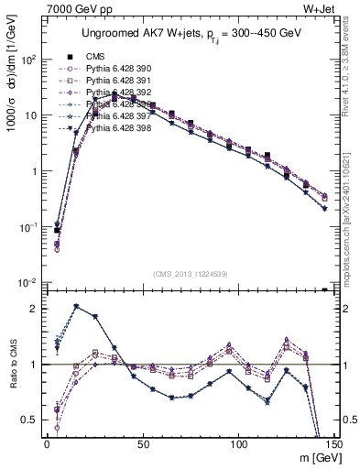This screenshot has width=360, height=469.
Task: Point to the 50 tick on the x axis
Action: point(143,444)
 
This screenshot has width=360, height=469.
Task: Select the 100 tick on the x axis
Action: point(239,444)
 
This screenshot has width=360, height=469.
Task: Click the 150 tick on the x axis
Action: point(334,444)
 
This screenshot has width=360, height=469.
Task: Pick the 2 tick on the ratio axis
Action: point(33,309)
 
